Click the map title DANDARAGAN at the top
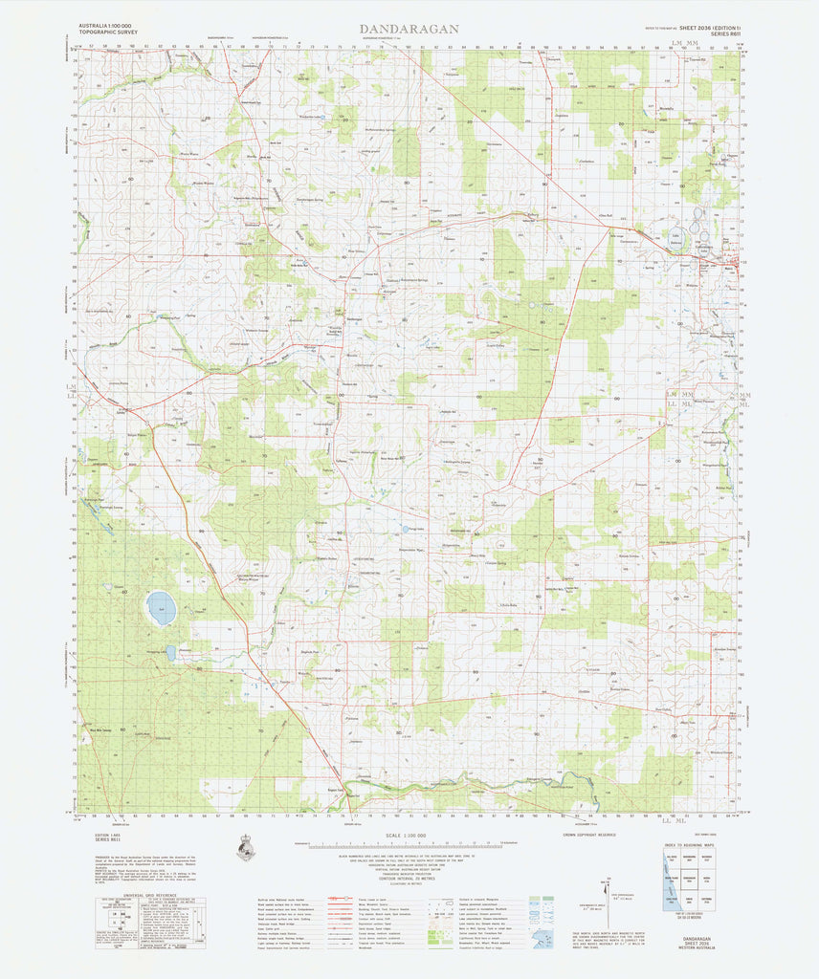tap(409, 30)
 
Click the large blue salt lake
tap(161, 607)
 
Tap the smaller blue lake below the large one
tap(170, 652)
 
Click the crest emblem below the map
tap(244, 847)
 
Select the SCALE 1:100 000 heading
tap(409, 838)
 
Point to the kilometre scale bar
tap(409, 845)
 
